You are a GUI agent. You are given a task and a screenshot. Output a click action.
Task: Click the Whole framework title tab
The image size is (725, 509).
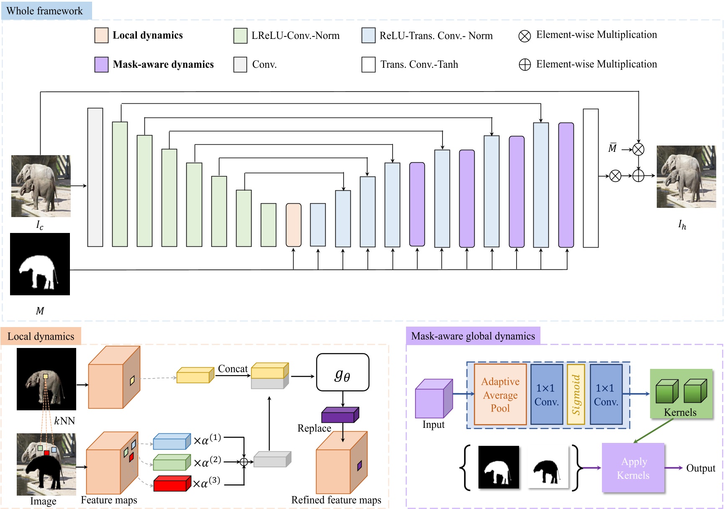click(46, 11)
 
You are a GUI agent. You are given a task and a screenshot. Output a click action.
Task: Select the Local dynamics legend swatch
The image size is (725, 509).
click(101, 36)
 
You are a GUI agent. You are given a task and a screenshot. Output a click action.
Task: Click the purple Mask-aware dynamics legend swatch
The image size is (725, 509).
click(101, 64)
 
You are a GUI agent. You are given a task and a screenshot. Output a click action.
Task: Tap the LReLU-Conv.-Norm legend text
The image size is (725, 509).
click(295, 36)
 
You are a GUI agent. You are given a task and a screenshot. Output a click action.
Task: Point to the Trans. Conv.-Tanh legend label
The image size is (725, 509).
click(419, 64)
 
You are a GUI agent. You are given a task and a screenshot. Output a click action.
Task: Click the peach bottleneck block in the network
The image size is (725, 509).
click(293, 225)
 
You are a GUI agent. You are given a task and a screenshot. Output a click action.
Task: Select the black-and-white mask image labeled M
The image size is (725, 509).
click(40, 264)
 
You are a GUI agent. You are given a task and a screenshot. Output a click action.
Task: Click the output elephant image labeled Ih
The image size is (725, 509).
click(686, 176)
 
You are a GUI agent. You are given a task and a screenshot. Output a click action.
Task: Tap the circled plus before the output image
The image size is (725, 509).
click(638, 176)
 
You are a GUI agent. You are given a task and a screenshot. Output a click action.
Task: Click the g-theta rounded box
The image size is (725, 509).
click(342, 373)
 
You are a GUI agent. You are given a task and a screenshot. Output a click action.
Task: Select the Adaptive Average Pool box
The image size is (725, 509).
click(500, 394)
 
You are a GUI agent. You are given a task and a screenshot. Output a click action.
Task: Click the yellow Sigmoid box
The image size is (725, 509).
click(576, 394)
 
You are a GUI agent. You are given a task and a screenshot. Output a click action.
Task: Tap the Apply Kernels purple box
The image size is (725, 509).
click(633, 468)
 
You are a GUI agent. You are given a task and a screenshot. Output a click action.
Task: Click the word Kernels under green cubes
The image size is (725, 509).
click(680, 412)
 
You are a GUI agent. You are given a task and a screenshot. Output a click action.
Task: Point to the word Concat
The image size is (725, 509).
click(233, 368)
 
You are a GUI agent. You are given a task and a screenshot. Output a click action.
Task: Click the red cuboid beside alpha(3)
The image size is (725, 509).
click(172, 483)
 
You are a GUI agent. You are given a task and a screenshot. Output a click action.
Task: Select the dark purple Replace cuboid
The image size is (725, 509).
click(340, 415)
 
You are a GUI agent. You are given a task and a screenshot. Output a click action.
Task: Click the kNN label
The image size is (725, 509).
click(64, 421)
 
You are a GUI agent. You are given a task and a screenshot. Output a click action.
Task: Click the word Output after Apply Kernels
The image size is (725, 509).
click(700, 468)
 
